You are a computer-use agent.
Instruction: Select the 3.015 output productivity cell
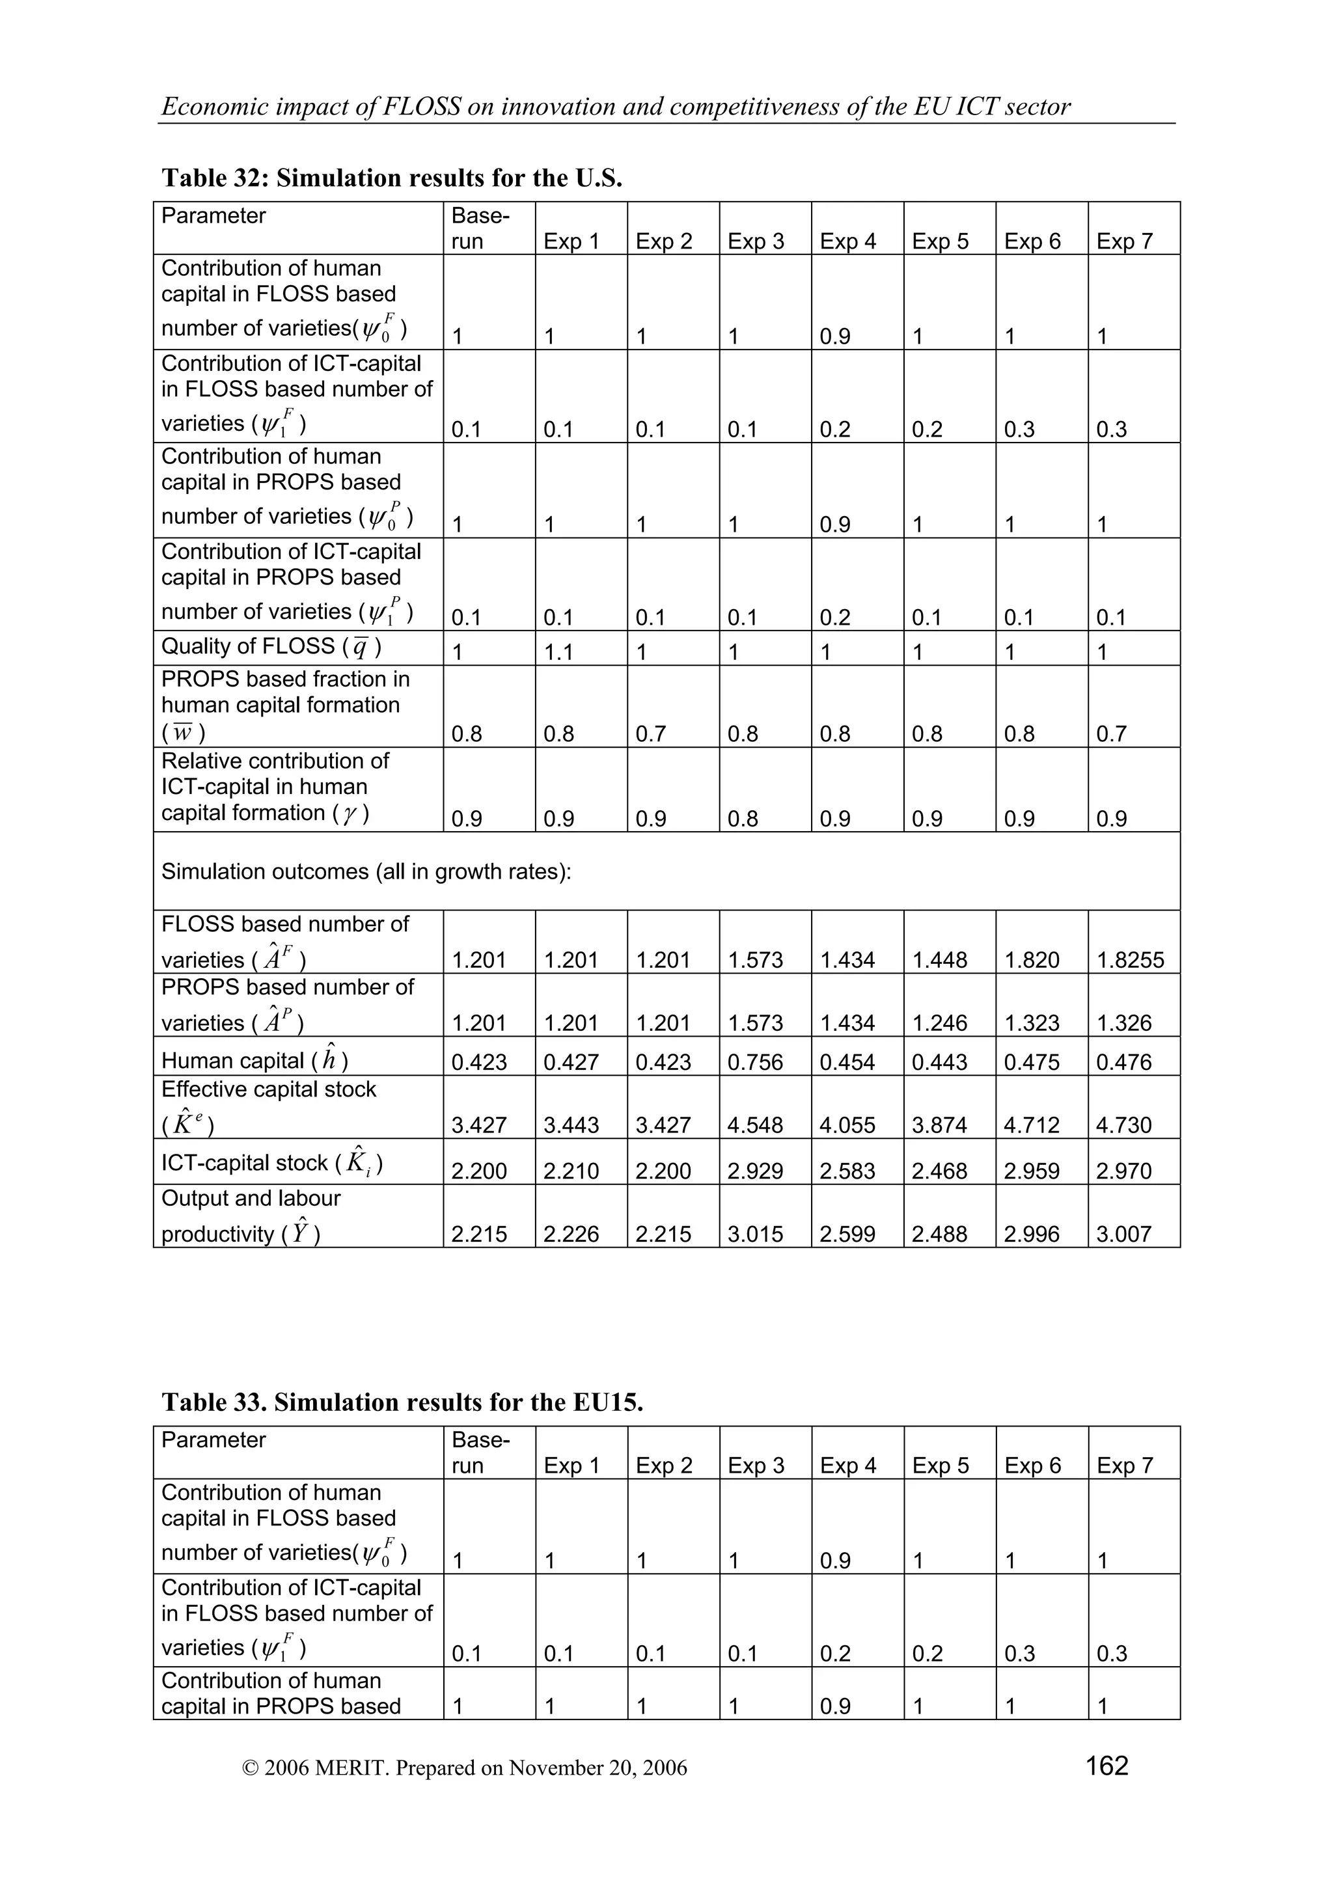pyautogui.click(x=755, y=1234)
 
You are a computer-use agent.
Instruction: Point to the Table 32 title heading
pyautogui.click(x=392, y=178)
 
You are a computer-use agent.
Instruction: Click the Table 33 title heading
pyautogui.click(x=402, y=1402)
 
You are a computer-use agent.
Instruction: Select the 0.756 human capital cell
pyautogui.click(x=755, y=1062)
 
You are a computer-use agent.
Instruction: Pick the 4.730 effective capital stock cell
pyautogui.click(x=1123, y=1125)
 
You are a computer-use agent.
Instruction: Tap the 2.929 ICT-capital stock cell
pyautogui.click(x=755, y=1171)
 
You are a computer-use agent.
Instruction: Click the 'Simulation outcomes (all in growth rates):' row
pyautogui.click(x=366, y=871)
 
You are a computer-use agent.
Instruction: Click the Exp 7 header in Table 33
pyautogui.click(x=1124, y=1466)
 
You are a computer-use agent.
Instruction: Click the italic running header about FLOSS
pyautogui.click(x=616, y=107)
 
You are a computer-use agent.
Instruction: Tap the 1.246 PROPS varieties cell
pyautogui.click(x=940, y=1022)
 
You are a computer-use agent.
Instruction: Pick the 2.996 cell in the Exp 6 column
pyautogui.click(x=1032, y=1234)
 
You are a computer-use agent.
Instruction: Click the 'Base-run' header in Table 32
pyautogui.click(x=480, y=228)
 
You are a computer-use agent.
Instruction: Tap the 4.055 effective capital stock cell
pyautogui.click(x=847, y=1125)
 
